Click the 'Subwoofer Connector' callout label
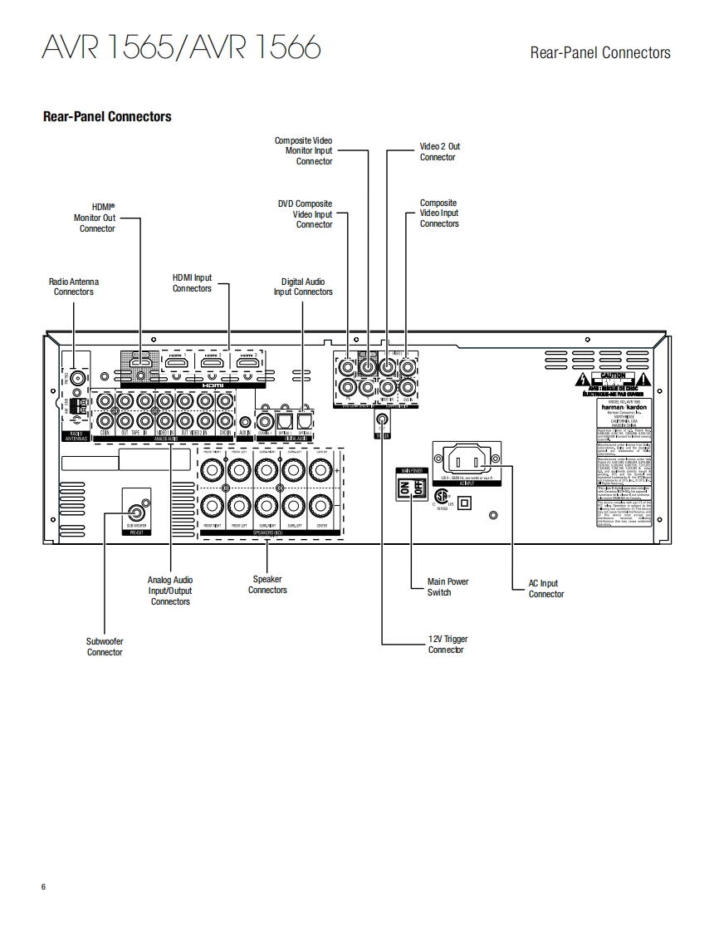click(105, 646)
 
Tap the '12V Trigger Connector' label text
click(448, 645)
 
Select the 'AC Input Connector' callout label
click(545, 589)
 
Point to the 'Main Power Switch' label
click(448, 586)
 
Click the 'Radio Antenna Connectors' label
click(73, 287)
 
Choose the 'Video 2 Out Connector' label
click(438, 152)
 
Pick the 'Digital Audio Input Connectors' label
click(303, 287)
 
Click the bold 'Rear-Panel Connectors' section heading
click(107, 117)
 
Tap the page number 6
click(43, 887)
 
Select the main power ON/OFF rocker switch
click(411, 489)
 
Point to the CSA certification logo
click(442, 495)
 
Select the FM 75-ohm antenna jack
click(78, 379)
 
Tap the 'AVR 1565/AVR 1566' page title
click(181, 48)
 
